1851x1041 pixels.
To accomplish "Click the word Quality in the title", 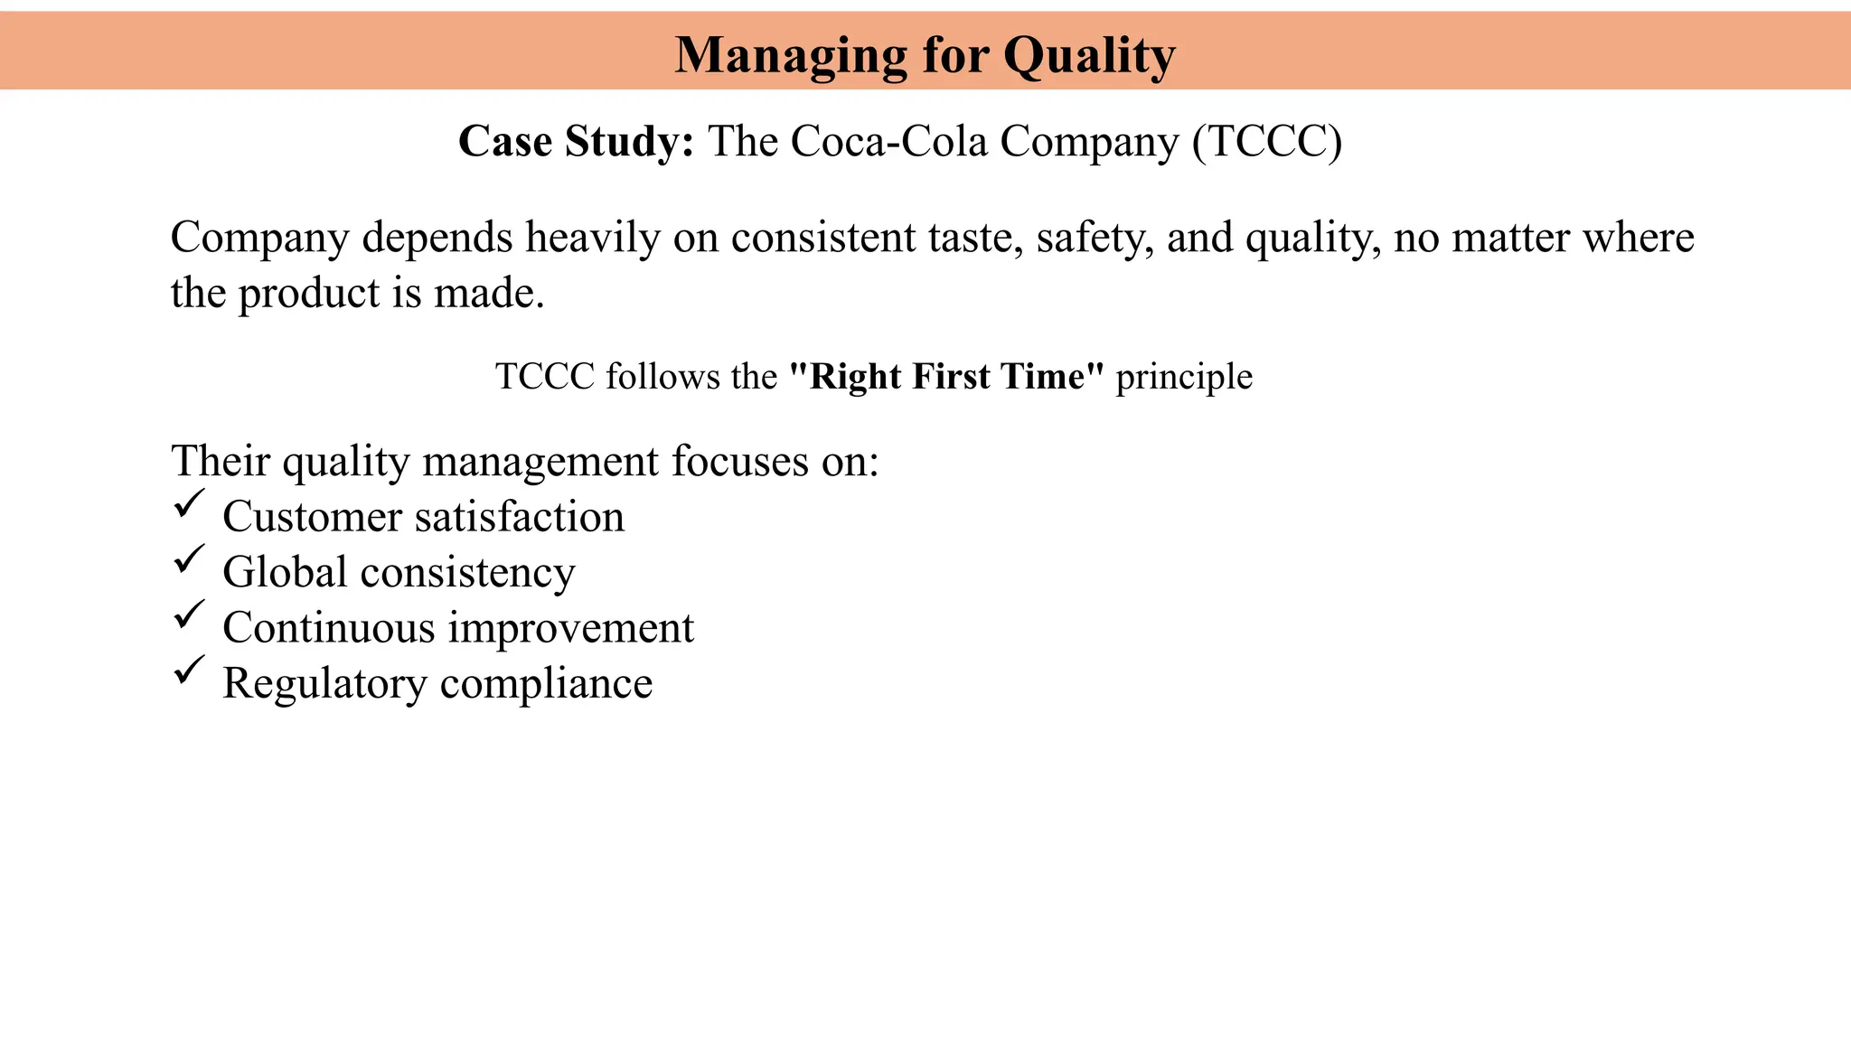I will (1089, 56).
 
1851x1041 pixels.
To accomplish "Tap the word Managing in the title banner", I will (790, 56).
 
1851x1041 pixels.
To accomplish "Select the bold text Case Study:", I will (576, 142).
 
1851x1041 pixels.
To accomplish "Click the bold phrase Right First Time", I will (946, 377).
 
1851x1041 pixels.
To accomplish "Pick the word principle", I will (1184, 377).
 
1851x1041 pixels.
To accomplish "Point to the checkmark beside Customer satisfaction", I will (189, 504).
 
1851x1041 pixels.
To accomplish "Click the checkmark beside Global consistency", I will (189, 559).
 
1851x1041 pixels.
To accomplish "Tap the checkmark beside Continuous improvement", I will (189, 615).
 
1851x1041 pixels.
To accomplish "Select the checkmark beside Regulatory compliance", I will (189, 671).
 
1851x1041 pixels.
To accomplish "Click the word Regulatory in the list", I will (324, 684).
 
